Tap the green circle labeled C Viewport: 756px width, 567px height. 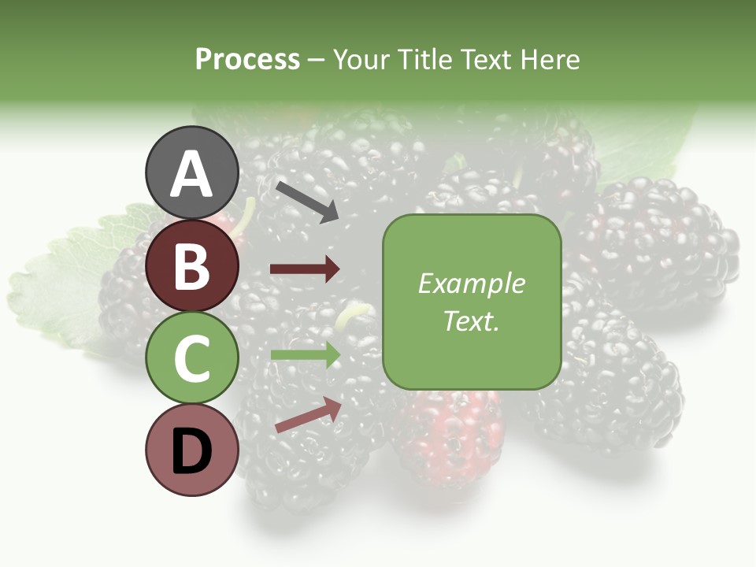pyautogui.click(x=192, y=358)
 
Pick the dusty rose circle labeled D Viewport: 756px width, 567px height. pyautogui.click(x=192, y=450)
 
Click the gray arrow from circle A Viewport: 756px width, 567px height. pyautogui.click(x=307, y=200)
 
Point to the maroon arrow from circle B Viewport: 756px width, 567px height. pyautogui.click(x=305, y=269)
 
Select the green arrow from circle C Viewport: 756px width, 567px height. pyautogui.click(x=306, y=354)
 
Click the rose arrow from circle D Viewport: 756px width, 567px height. pyautogui.click(x=308, y=415)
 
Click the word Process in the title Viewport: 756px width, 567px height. pyautogui.click(x=247, y=59)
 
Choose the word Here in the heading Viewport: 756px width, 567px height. pyautogui.click(x=550, y=59)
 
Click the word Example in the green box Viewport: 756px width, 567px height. pyautogui.click(x=471, y=283)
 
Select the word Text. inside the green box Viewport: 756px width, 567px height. pyautogui.click(x=471, y=321)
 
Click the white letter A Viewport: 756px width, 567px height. pyautogui.click(x=192, y=175)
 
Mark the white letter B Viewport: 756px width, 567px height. pyautogui.click(x=192, y=266)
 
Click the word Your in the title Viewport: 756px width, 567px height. pyautogui.click(x=360, y=59)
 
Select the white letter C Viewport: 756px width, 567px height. pyautogui.click(x=192, y=359)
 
